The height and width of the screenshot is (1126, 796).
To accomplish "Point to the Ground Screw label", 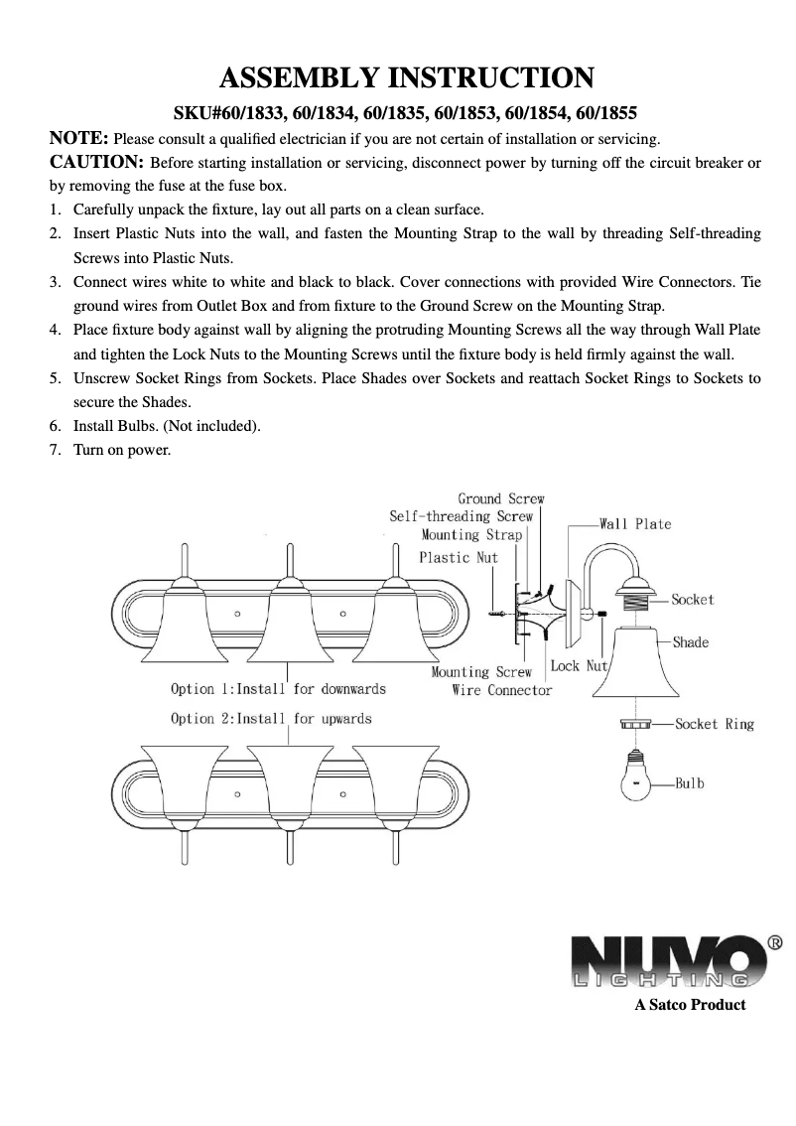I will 500,498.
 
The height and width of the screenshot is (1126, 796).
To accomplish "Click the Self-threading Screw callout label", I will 461,516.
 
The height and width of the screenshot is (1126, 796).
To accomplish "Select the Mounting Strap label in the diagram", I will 471,534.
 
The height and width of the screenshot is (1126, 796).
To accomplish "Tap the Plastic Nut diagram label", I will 459,557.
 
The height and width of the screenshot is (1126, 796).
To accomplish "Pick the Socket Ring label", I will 714,724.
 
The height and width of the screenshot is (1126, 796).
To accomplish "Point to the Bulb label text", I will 690,783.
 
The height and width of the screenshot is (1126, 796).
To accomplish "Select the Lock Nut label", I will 579,665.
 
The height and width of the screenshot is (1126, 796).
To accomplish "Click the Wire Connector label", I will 501,690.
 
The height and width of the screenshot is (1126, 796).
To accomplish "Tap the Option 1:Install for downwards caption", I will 278,688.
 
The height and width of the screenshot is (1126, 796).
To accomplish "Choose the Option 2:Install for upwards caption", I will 271,718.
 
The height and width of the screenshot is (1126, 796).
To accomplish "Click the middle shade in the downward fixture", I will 288,626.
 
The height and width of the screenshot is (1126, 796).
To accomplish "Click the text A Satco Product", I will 690,1005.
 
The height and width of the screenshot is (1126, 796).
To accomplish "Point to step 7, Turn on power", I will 122,451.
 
